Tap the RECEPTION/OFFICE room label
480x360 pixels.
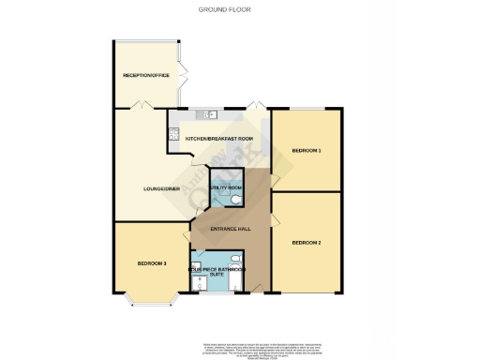tap(146, 75)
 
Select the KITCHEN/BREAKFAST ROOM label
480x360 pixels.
tap(219, 139)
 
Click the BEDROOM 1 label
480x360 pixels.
tap(306, 150)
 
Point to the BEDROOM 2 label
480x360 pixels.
tap(306, 243)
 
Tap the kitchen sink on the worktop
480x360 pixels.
tap(210, 115)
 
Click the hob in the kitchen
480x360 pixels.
tap(173, 135)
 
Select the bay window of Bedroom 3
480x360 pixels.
tap(150, 302)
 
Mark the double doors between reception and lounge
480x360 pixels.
tap(137, 109)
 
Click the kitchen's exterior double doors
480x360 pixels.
tap(253, 107)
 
